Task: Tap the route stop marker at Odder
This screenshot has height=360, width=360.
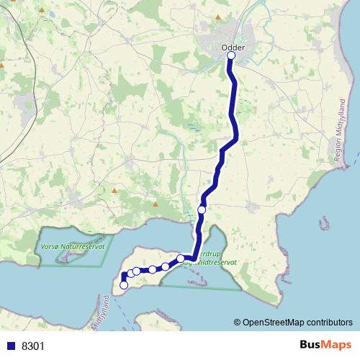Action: [231, 55]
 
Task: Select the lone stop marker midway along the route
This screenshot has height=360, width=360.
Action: [202, 210]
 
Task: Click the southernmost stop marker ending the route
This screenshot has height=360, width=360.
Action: [124, 285]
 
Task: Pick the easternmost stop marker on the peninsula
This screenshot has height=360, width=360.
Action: [181, 258]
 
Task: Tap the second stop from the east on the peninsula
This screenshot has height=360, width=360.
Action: [166, 266]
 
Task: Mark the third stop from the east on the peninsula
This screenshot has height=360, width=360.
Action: [153, 269]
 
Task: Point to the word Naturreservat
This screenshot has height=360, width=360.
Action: [85, 246]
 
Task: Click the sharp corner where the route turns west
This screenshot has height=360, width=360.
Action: [194, 257]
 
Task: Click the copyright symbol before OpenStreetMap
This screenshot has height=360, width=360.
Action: [238, 322]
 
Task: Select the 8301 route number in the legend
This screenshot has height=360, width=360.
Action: [34, 346]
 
